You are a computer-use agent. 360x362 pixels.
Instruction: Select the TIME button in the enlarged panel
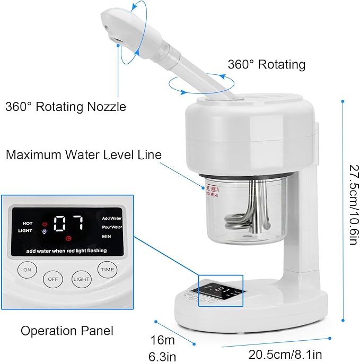tap(107, 269)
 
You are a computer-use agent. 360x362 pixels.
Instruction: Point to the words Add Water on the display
tap(112, 218)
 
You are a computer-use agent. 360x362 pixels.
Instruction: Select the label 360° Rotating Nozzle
tap(66, 106)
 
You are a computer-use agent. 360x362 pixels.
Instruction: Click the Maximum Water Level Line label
tap(83, 155)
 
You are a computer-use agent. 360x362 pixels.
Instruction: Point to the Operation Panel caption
tap(67, 331)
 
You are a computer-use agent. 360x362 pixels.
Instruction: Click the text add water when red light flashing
tap(66, 250)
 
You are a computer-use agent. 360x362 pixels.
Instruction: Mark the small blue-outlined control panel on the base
tap(220, 290)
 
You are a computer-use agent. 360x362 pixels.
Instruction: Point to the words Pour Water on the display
tap(112, 227)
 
